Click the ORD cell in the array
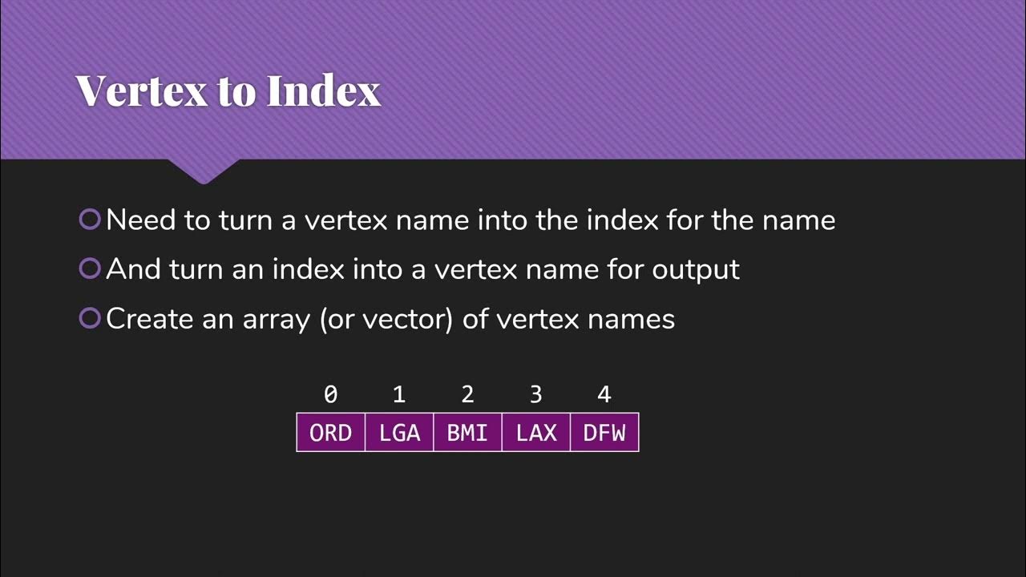[x=330, y=433]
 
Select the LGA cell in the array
[x=399, y=433]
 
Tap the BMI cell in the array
[x=467, y=433]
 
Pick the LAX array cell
[x=536, y=433]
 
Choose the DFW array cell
[x=604, y=433]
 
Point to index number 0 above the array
[x=330, y=394]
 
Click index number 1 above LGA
[x=399, y=394]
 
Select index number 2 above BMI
[x=467, y=394]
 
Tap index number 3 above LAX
[x=536, y=394]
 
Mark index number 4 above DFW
[x=604, y=394]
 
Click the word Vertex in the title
[x=140, y=91]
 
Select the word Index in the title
[x=323, y=91]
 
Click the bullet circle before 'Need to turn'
[x=90, y=219]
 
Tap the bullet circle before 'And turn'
[x=90, y=268]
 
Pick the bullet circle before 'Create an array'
[x=90, y=318]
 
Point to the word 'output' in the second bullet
[x=696, y=269]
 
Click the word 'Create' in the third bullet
[x=150, y=319]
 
